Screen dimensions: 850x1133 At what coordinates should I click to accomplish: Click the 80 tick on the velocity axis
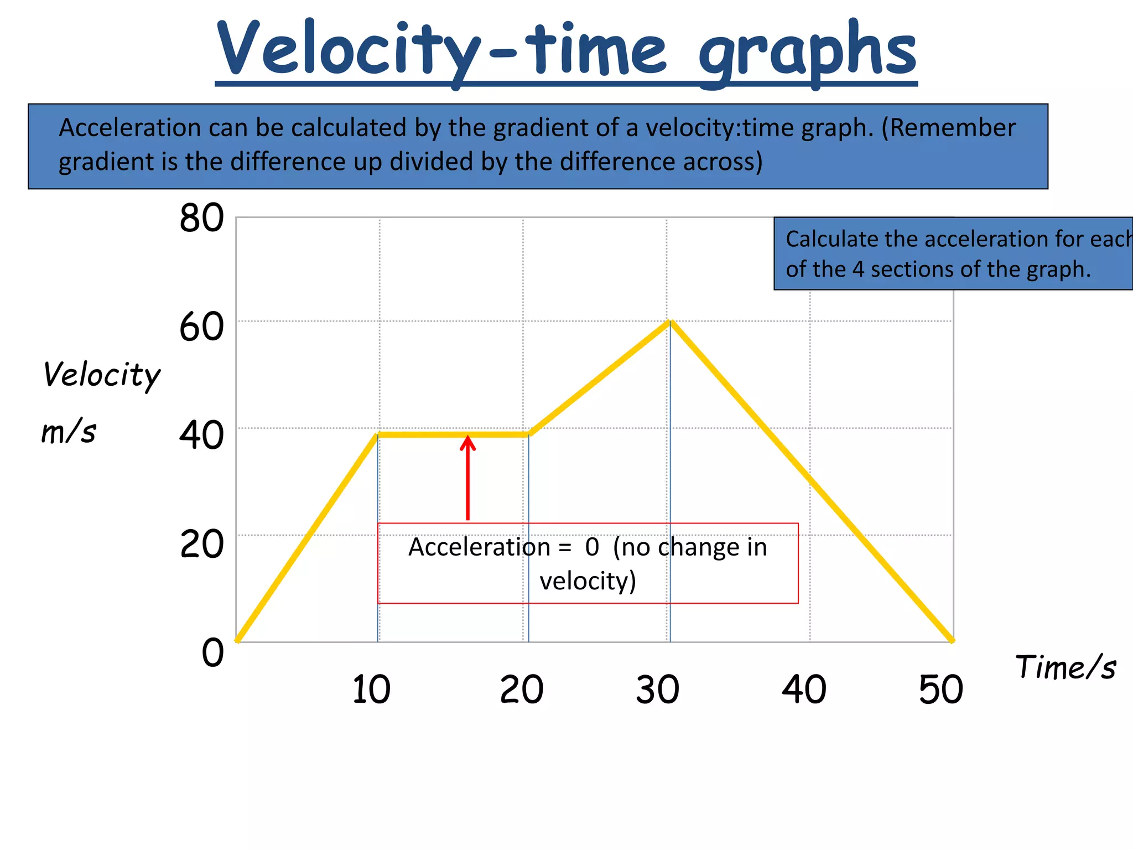pyautogui.click(x=201, y=218)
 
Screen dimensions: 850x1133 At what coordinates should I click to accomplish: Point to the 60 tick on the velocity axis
pyautogui.click(x=201, y=327)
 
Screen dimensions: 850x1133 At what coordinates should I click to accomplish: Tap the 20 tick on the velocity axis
pyautogui.click(x=201, y=545)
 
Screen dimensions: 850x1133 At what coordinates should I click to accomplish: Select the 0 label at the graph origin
pyautogui.click(x=212, y=652)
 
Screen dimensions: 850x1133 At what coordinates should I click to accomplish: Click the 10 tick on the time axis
pyautogui.click(x=371, y=690)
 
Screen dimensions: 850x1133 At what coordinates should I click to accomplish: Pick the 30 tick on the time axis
pyautogui.click(x=657, y=690)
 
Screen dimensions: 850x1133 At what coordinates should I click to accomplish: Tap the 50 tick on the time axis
pyautogui.click(x=940, y=690)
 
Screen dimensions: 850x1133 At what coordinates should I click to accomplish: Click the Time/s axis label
pyautogui.click(x=1066, y=667)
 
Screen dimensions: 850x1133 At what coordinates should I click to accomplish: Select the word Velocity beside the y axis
pyautogui.click(x=102, y=375)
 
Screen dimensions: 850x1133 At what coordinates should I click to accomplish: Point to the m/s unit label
pyautogui.click(x=69, y=432)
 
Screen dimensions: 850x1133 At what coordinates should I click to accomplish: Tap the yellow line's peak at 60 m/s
pyautogui.click(x=671, y=322)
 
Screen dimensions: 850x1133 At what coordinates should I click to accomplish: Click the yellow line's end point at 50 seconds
pyautogui.click(x=952, y=641)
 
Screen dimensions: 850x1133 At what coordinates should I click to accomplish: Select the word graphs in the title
pyautogui.click(x=807, y=53)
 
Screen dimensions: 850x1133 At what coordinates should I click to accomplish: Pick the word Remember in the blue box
pyautogui.click(x=953, y=128)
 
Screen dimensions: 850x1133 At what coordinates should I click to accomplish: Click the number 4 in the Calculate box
pyautogui.click(x=857, y=269)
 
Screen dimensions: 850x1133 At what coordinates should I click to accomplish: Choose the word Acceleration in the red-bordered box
pyautogui.click(x=479, y=547)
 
